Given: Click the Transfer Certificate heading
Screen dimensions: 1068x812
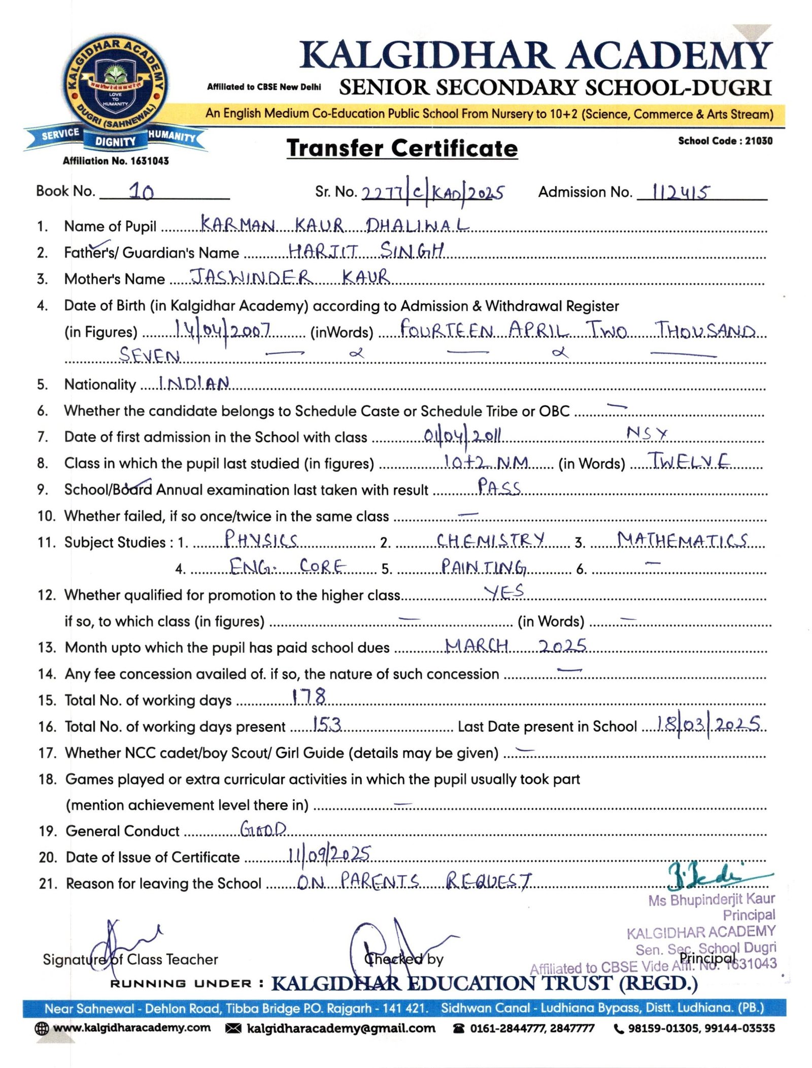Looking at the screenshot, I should pos(402,148).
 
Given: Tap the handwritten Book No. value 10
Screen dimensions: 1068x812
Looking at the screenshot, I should pos(141,191).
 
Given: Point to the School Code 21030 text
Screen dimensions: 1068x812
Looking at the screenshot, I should pos(725,141).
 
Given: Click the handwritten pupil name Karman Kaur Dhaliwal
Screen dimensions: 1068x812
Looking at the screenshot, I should pos(334,224).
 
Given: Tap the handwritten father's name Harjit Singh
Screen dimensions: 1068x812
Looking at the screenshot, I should pos(366,250).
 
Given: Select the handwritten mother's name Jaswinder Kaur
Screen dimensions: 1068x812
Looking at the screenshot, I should pos(290,277).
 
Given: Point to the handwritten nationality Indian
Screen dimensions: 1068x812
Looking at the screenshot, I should pos(194,383).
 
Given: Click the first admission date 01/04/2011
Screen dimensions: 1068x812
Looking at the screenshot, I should pos(462,435).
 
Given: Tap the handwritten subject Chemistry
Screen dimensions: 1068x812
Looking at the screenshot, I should pos(490,539).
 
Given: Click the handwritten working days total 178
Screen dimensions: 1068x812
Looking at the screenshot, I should pos(309,696).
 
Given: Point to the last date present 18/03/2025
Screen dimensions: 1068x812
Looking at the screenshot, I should pos(708,723).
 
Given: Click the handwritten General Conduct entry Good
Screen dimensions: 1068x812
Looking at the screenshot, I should pos(263,829).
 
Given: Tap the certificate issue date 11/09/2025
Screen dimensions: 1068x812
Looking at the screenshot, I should pos(329,855).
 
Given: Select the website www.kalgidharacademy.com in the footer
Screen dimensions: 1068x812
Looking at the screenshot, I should pos(131,1028).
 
